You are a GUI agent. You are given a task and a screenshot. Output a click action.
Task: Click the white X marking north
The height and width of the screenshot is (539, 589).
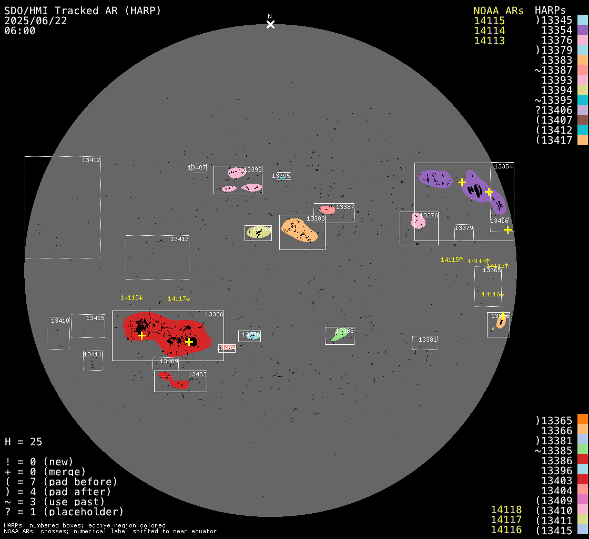coord(270,24)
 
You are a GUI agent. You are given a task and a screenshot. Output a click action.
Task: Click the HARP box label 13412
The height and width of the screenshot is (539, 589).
coord(91,160)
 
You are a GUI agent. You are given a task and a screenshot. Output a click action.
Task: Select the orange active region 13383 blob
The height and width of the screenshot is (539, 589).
coord(299,229)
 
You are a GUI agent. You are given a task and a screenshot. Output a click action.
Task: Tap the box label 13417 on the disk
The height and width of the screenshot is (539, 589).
coord(179,239)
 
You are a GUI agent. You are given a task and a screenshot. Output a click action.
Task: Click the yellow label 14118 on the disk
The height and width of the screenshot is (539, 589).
coord(129,297)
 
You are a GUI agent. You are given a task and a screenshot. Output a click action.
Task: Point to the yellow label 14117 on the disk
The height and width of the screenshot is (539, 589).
coord(177,298)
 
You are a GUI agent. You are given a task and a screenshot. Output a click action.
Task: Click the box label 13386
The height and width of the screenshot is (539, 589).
coord(214,314)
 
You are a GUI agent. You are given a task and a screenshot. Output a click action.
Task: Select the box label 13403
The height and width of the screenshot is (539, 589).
coord(197,374)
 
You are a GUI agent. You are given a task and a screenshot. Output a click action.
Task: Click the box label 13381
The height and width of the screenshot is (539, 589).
coord(428,340)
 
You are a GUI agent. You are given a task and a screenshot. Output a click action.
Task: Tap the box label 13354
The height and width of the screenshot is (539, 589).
coord(503,166)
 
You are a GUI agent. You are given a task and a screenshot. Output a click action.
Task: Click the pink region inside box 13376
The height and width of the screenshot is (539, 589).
coord(418,221)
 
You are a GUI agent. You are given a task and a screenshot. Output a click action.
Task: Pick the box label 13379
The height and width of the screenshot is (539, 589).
coord(464,228)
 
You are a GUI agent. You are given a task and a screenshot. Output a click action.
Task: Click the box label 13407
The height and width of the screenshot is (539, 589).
coord(197,168)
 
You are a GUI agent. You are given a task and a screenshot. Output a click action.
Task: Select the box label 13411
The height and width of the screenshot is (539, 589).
coord(93,354)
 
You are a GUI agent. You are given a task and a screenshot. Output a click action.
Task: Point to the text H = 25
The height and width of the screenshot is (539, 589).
coord(23,442)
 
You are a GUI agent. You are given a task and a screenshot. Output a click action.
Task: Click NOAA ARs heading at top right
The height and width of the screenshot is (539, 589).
coord(498,11)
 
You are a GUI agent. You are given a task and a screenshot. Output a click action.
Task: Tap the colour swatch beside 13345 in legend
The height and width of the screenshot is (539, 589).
coord(582,21)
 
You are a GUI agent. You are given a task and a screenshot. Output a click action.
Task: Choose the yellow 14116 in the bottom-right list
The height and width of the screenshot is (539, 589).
coord(506,530)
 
